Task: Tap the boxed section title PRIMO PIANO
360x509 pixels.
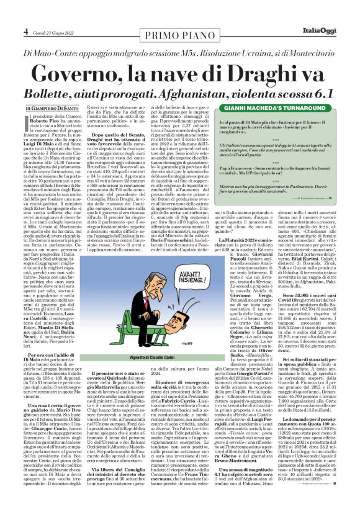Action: click(x=178, y=31)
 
